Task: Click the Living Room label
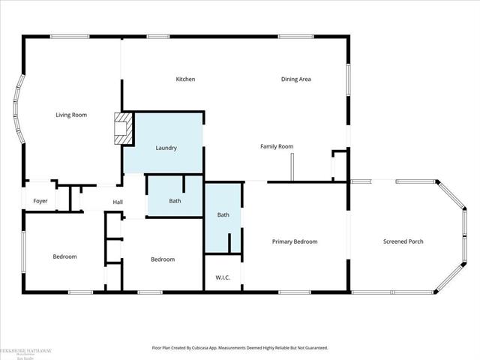click(x=71, y=115)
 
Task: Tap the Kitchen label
click(x=185, y=79)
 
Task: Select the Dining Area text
click(x=295, y=79)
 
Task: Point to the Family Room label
click(x=276, y=146)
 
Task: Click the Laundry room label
click(x=166, y=148)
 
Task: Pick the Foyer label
click(x=40, y=201)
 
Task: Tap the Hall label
click(x=118, y=202)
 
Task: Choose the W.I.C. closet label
click(x=223, y=277)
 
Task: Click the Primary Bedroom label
click(x=295, y=241)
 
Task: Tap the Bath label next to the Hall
click(x=175, y=201)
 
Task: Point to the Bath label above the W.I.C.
click(x=223, y=214)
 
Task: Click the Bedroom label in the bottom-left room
click(x=64, y=256)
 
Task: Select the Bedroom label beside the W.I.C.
click(x=163, y=259)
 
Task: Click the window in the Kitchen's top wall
click(x=158, y=37)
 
